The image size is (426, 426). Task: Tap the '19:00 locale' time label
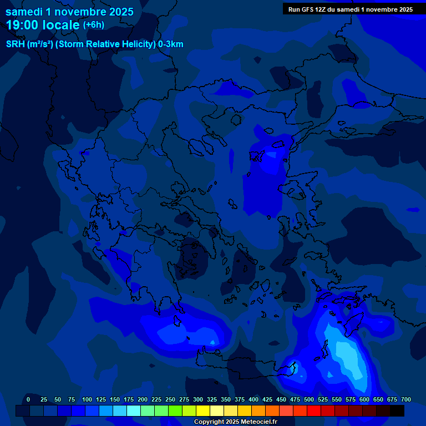click(43, 25)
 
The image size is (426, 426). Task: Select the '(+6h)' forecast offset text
click(93, 25)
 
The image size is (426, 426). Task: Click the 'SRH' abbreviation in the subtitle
click(16, 44)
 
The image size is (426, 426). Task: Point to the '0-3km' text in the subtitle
click(171, 44)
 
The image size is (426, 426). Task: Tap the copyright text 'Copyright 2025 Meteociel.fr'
click(235, 422)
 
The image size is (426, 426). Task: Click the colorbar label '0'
click(28, 399)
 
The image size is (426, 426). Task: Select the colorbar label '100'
click(87, 399)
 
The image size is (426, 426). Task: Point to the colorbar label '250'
click(170, 399)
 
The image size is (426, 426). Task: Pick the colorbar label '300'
click(198, 399)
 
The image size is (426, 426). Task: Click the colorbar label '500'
click(309, 399)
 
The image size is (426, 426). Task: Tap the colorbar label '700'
click(406, 399)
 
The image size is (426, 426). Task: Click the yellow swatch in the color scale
click(203, 411)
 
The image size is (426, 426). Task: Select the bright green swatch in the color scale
click(175, 411)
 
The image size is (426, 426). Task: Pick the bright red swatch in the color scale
click(314, 411)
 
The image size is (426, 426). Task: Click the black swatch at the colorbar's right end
click(397, 411)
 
